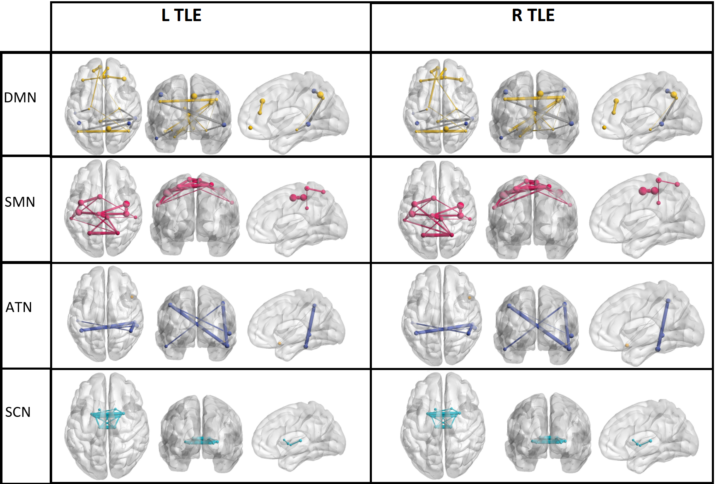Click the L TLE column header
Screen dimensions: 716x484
[x=181, y=15]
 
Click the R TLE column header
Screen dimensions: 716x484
[x=533, y=15]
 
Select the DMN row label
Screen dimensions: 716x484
[x=20, y=98]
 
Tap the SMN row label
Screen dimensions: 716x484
[x=20, y=202]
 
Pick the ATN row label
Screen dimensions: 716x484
[x=19, y=307]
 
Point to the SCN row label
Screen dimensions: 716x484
[x=18, y=412]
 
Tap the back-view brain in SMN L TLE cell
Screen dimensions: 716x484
[x=195, y=215]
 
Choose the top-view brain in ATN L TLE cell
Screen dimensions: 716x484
[x=106, y=314]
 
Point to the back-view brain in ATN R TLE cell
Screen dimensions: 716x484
[x=537, y=325]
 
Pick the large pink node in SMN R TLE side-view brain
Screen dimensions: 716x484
[x=643, y=191]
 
